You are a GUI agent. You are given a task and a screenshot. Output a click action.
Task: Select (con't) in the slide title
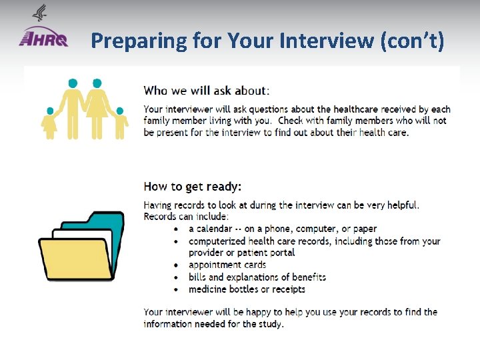point(411,41)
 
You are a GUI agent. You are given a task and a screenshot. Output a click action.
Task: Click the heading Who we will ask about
point(205,90)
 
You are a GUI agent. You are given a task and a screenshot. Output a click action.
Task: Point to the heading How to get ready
point(193,187)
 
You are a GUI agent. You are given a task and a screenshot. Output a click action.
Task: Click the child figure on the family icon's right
point(120,123)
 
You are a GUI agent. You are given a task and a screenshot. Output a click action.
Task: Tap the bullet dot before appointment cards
point(175,265)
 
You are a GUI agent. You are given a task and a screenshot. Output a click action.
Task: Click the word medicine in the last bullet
point(209,289)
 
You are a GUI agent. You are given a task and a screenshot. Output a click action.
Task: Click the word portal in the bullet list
point(280,253)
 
